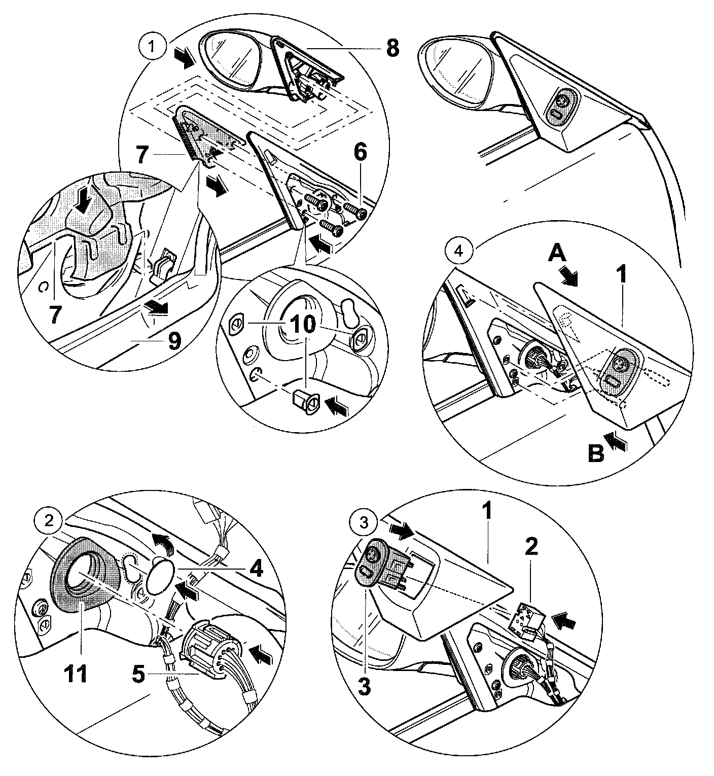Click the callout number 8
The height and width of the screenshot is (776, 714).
(x=391, y=49)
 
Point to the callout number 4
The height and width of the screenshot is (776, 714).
(x=257, y=570)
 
